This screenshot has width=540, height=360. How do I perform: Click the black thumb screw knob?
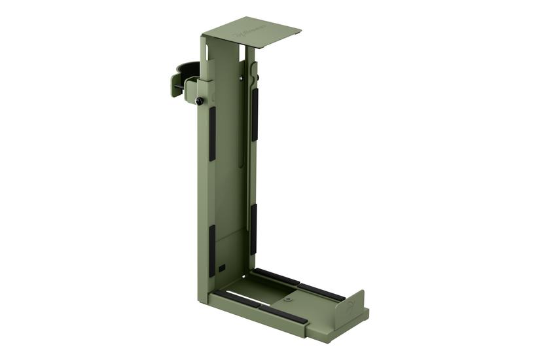[198, 100]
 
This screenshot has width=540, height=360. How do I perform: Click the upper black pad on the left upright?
[212, 134]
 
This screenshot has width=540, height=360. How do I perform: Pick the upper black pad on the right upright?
[255, 114]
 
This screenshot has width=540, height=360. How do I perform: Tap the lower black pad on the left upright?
[212, 250]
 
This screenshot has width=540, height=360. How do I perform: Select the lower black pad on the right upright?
[253, 229]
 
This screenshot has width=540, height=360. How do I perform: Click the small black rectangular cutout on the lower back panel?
[223, 268]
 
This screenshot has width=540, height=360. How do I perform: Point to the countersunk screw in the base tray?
[287, 299]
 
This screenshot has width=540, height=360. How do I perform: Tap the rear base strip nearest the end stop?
[321, 292]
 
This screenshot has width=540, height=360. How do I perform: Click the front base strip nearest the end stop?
[283, 314]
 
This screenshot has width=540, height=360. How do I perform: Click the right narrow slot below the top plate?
[251, 55]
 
